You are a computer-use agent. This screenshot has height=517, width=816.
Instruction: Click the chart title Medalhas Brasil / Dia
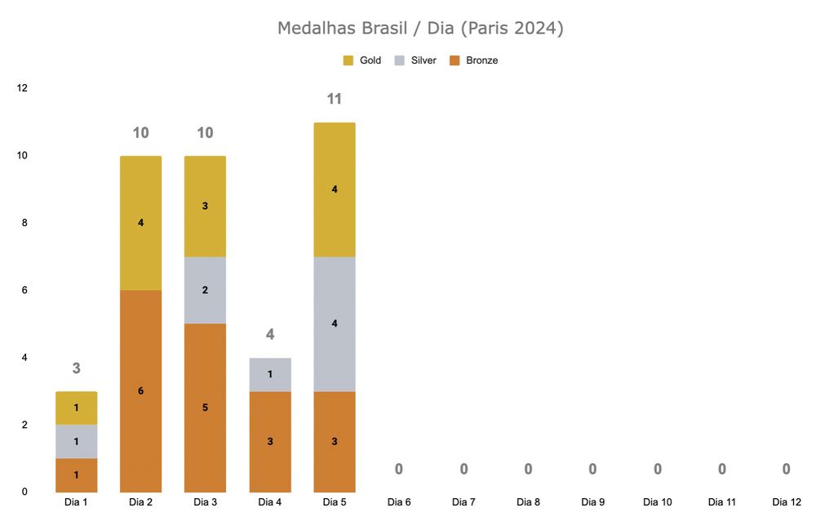(x=420, y=29)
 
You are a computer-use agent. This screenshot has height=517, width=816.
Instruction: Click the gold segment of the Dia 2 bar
(x=140, y=223)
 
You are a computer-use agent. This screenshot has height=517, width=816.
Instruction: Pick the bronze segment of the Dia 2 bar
(x=140, y=390)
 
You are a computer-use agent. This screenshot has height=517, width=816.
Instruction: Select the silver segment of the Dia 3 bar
(x=205, y=290)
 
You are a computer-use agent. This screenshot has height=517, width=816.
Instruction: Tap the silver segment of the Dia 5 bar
(x=335, y=323)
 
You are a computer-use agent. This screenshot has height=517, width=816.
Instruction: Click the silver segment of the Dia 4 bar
(x=270, y=374)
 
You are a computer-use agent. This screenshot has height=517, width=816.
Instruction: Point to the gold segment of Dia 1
(x=76, y=408)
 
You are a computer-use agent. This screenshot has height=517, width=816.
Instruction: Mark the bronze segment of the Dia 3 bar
(x=205, y=407)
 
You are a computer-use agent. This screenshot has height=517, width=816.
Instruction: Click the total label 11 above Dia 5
(x=334, y=100)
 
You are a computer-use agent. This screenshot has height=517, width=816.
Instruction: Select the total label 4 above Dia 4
(x=270, y=335)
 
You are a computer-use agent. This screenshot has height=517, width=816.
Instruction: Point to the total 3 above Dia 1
(x=76, y=368)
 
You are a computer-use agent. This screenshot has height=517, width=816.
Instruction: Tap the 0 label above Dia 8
(x=528, y=470)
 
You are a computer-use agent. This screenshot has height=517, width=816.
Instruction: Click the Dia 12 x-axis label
(x=786, y=502)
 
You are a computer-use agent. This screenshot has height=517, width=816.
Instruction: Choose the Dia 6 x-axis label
(x=399, y=502)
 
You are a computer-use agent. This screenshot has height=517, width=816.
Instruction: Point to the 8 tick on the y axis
(x=23, y=222)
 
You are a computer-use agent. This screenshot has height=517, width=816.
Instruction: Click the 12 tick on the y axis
(x=22, y=87)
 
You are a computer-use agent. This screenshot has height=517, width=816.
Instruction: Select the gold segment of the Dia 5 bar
(x=335, y=189)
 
